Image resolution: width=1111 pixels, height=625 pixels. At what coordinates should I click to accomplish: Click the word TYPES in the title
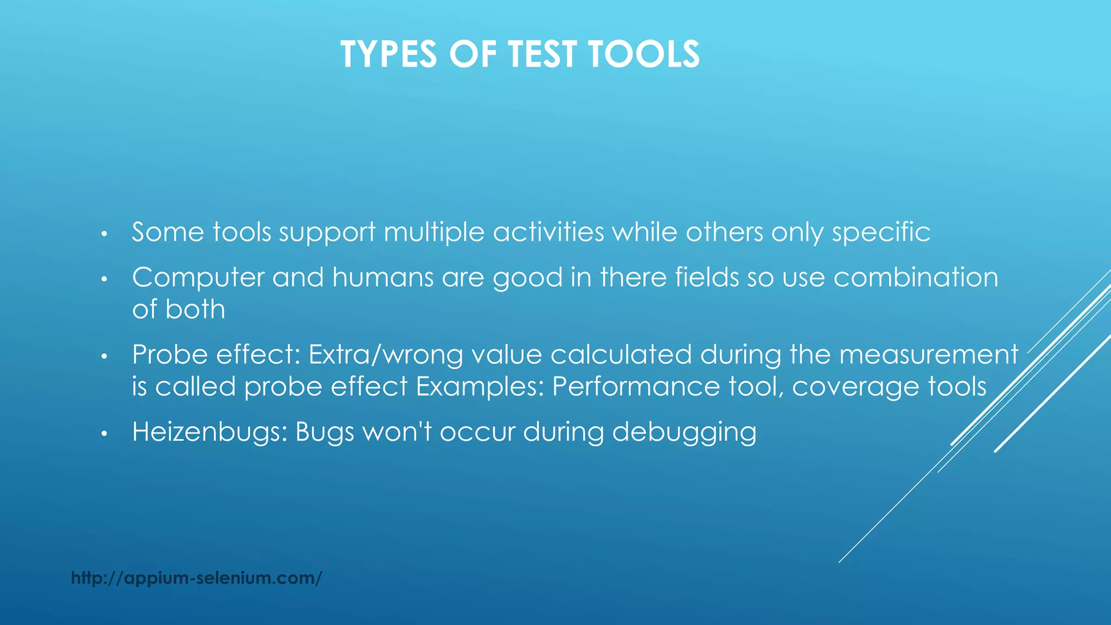(x=388, y=54)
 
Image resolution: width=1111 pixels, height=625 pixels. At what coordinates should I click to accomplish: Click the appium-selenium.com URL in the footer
(x=196, y=578)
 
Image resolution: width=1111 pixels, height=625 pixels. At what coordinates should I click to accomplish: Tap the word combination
(x=916, y=278)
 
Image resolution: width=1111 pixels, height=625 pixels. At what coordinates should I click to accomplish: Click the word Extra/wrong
(x=386, y=355)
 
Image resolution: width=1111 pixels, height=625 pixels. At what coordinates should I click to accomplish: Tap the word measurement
(x=929, y=355)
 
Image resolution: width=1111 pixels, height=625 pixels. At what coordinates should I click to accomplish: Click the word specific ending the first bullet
(x=881, y=233)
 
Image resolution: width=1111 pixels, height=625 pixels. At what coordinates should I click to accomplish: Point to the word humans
(x=382, y=278)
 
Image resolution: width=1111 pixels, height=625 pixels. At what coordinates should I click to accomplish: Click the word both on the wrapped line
(x=195, y=310)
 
